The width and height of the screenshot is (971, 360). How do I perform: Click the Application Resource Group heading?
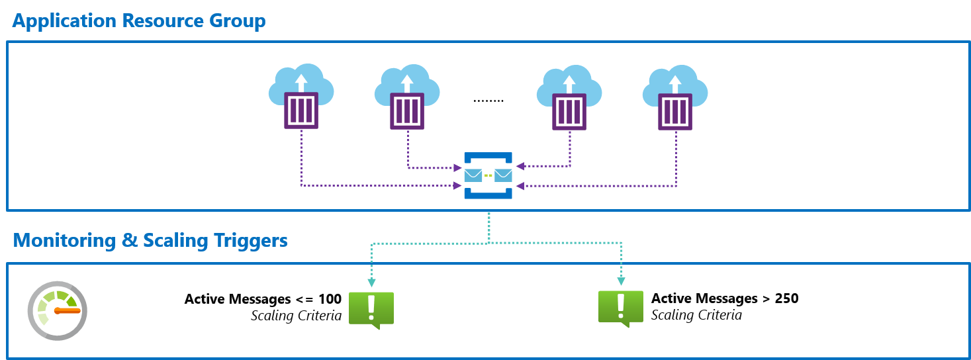139,21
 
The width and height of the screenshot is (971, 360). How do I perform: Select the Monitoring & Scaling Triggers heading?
150,240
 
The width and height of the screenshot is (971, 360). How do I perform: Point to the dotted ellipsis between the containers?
488,101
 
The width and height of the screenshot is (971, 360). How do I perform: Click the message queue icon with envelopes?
488,175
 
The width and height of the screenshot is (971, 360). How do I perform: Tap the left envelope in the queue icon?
473,175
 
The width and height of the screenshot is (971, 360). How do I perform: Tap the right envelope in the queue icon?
504,175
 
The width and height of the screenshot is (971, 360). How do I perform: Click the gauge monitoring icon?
58,310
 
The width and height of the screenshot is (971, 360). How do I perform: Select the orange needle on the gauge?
68,310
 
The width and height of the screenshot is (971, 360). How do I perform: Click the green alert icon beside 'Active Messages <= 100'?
371,309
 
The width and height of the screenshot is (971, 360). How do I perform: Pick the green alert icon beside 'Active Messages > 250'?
620,308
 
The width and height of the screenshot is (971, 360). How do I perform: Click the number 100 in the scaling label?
330,299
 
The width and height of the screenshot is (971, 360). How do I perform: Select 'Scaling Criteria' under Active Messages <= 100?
296,316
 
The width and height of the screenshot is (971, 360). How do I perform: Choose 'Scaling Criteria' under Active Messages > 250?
696,315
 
